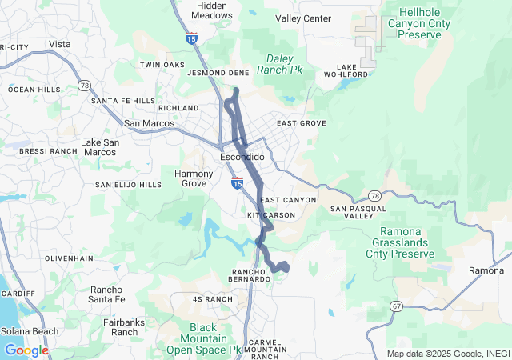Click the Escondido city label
(242, 157)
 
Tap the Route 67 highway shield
(398, 306)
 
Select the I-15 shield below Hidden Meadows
(190, 38)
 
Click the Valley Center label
(303, 18)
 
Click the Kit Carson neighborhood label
(271, 215)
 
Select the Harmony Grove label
(194, 178)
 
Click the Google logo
(26, 350)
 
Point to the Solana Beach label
(29, 331)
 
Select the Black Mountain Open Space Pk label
(204, 338)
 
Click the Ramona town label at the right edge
(486, 270)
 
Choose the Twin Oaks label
(162, 65)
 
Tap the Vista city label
(59, 44)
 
